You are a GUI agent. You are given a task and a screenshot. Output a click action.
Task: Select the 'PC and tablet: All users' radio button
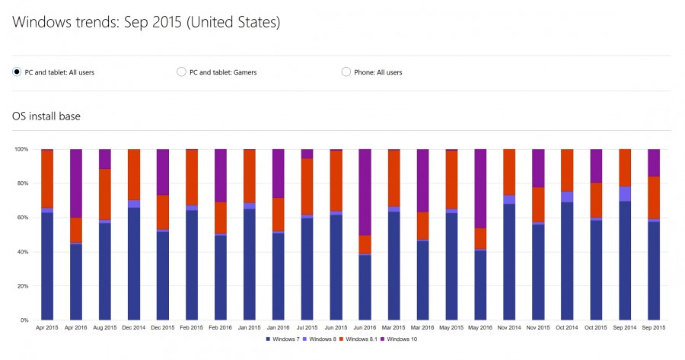(x=17, y=72)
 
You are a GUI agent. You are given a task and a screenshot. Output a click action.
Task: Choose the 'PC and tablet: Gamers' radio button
(x=181, y=72)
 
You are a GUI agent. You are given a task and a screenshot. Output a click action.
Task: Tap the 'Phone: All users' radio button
(x=346, y=72)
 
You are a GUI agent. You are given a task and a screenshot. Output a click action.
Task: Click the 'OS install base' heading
(x=46, y=116)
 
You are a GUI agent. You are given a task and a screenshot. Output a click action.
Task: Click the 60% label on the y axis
(x=22, y=218)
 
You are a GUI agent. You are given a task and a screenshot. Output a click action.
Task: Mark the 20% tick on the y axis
(x=22, y=286)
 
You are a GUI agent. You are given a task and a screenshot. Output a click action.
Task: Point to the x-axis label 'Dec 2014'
(x=134, y=327)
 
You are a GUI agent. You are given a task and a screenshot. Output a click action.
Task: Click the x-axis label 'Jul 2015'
(x=307, y=327)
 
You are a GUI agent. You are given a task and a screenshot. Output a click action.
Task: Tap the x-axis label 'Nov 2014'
(x=509, y=327)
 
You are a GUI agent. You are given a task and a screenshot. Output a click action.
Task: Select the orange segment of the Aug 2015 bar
(x=105, y=194)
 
